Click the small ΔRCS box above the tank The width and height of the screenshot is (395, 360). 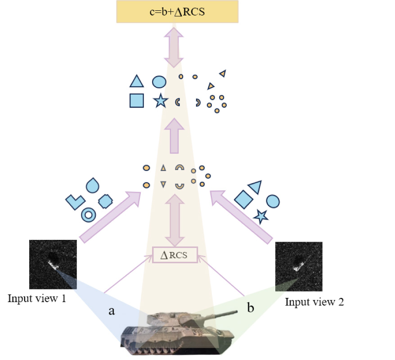coord(175,255)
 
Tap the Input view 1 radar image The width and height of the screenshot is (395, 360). coord(53,264)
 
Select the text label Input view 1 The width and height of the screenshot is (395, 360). coord(37,298)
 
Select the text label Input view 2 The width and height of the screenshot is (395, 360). coord(314,302)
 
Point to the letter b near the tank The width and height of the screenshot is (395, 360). coord(251,309)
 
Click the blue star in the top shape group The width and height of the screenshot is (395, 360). coord(160,101)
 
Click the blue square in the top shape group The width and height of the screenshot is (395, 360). coord(136,100)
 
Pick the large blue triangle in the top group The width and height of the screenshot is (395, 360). coord(136,81)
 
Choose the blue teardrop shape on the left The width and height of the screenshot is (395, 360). coord(92,184)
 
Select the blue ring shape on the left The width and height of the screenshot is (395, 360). coord(88,215)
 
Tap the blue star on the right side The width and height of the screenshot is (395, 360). coord(260,216)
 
